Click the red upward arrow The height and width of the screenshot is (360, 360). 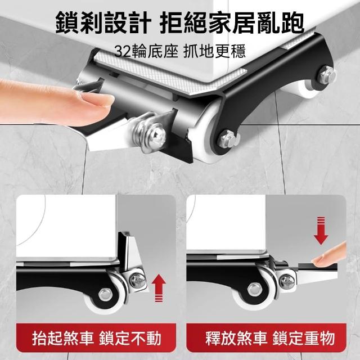(x=159, y=288)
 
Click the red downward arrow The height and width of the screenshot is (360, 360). (x=321, y=230)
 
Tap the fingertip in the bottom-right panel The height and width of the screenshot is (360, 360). (x=328, y=255)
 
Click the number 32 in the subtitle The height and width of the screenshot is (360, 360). (x=123, y=51)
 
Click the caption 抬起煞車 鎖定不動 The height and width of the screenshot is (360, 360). (x=97, y=338)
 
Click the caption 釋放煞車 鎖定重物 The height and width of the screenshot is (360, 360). (x=270, y=338)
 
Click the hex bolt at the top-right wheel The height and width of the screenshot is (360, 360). (x=327, y=74)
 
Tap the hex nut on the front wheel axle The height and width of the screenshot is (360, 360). (x=228, y=139)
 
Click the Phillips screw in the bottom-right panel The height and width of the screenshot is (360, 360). (x=287, y=281)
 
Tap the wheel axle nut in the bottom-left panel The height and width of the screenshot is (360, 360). (x=105, y=294)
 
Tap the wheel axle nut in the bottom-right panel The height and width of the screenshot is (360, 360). (x=254, y=289)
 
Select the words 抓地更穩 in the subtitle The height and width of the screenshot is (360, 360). (x=215, y=51)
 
